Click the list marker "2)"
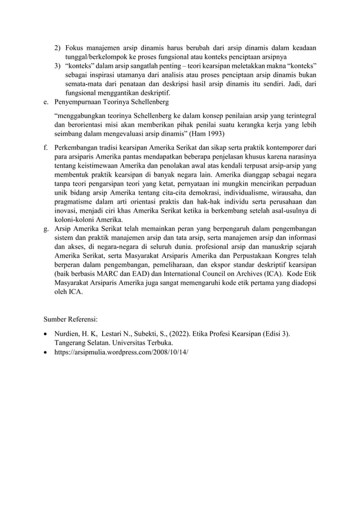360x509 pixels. point(58,48)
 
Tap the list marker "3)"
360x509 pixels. point(58,66)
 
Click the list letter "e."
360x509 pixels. point(46,102)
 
